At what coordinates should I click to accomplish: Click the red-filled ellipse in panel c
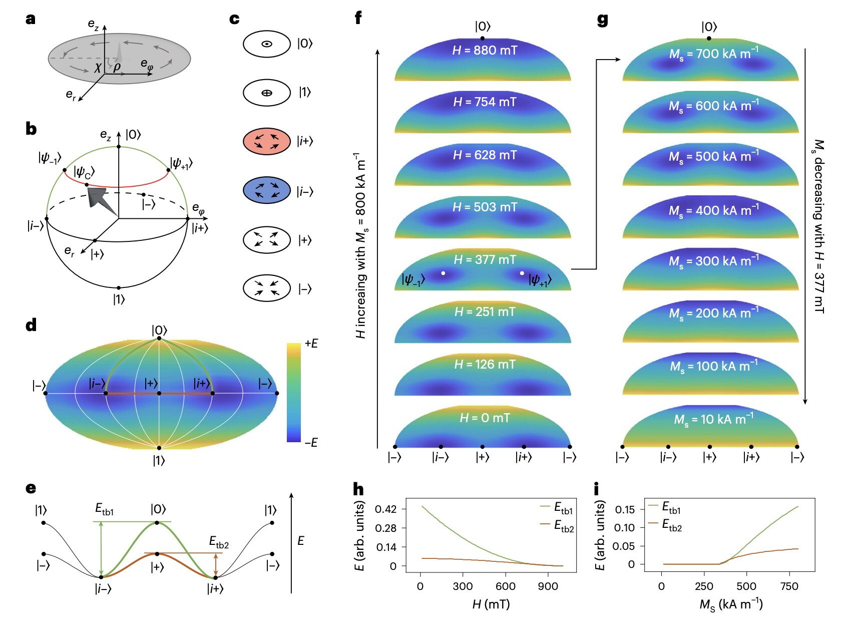click(267, 141)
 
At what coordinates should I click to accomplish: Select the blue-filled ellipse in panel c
click(267, 190)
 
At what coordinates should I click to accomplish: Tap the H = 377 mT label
click(484, 259)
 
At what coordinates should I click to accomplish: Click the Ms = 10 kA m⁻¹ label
click(713, 419)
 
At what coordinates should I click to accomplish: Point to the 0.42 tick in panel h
click(385, 509)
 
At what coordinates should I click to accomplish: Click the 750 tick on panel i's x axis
click(789, 586)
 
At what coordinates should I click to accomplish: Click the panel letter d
click(31, 326)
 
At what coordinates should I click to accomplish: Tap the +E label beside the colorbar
click(311, 344)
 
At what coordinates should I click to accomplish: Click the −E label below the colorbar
click(311, 442)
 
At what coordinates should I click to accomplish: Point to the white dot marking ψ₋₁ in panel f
click(443, 273)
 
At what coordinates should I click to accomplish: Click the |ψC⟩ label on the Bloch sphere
click(84, 172)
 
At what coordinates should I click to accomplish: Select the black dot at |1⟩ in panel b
click(119, 288)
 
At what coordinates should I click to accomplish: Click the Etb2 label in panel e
click(219, 542)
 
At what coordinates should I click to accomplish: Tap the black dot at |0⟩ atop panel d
click(159, 339)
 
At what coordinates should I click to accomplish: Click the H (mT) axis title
click(491, 604)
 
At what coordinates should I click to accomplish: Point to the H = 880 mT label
click(484, 50)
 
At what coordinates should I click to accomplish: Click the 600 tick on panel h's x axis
click(505, 586)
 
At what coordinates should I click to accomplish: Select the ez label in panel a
click(94, 24)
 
